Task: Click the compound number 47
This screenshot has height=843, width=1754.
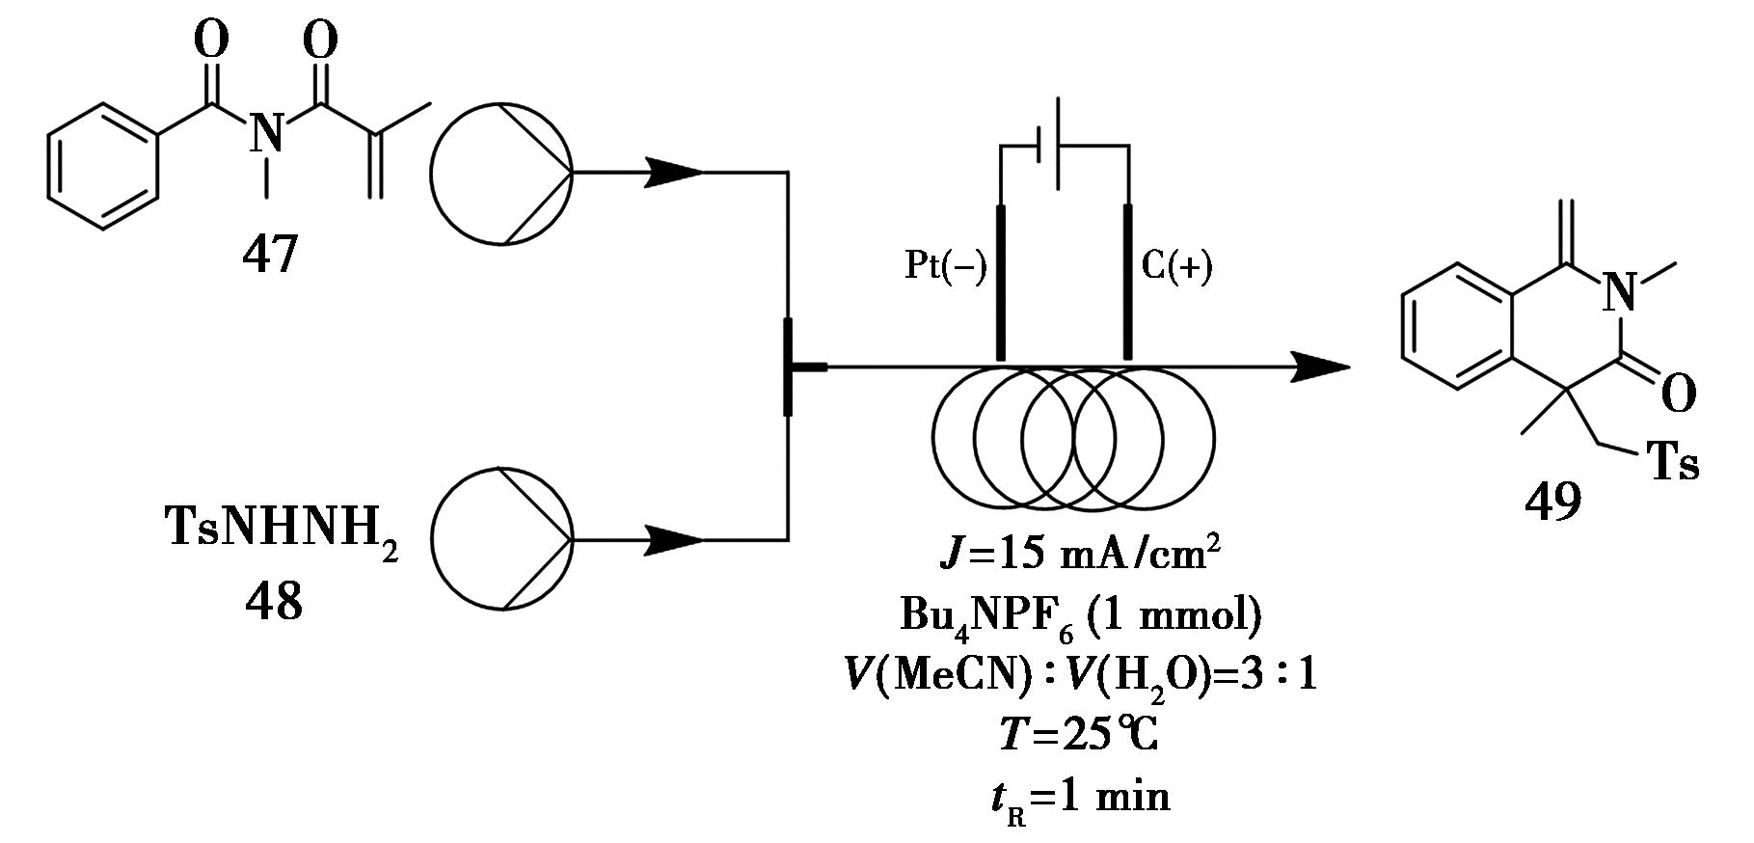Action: tap(270, 255)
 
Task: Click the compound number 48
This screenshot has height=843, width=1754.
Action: tap(274, 602)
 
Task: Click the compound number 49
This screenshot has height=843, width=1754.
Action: tap(1552, 502)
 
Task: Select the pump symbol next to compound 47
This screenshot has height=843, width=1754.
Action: tap(501, 173)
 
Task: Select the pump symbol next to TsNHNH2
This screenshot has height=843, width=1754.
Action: tap(501, 538)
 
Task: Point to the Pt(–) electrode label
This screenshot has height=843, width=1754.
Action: tap(946, 266)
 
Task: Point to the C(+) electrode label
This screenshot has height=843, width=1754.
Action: tap(1176, 266)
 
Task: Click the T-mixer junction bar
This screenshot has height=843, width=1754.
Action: tap(789, 367)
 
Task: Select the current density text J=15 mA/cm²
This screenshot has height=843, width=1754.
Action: tap(1079, 558)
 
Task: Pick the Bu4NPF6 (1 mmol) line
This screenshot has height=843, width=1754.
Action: tap(1079, 615)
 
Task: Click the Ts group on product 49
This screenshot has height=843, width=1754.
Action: tap(1670, 462)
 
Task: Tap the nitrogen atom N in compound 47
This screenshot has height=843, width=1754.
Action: tap(267, 133)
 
